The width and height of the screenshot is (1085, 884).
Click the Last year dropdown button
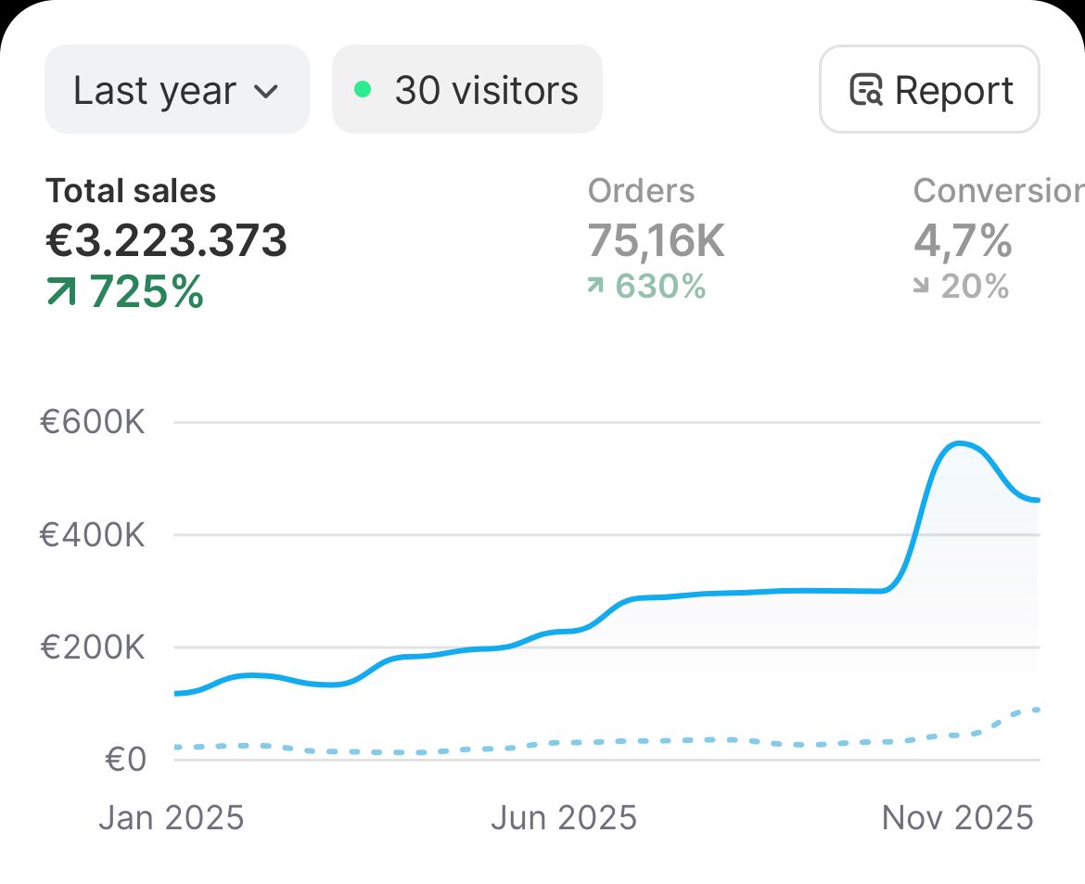176,90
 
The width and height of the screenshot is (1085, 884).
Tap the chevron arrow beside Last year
265,91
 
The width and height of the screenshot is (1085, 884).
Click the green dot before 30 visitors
363,90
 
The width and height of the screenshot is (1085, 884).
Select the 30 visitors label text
486,91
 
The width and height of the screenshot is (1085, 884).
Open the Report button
929,90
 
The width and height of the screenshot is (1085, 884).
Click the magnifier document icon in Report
866,91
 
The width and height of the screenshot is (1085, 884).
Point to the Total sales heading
131,191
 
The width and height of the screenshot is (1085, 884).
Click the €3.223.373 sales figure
167,241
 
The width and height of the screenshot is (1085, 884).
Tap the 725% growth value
147,292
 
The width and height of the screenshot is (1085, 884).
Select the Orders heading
641,191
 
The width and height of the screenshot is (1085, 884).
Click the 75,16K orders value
657,241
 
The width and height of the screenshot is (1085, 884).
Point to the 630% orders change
660,287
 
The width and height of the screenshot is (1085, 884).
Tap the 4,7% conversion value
963,241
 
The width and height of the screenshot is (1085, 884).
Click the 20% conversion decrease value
975,287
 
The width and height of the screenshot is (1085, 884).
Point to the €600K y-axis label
93,423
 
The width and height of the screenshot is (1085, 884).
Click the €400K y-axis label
93,535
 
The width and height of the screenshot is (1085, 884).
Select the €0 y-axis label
126,760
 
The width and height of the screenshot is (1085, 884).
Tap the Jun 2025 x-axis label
564,817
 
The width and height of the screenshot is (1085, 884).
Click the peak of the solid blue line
958,443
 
